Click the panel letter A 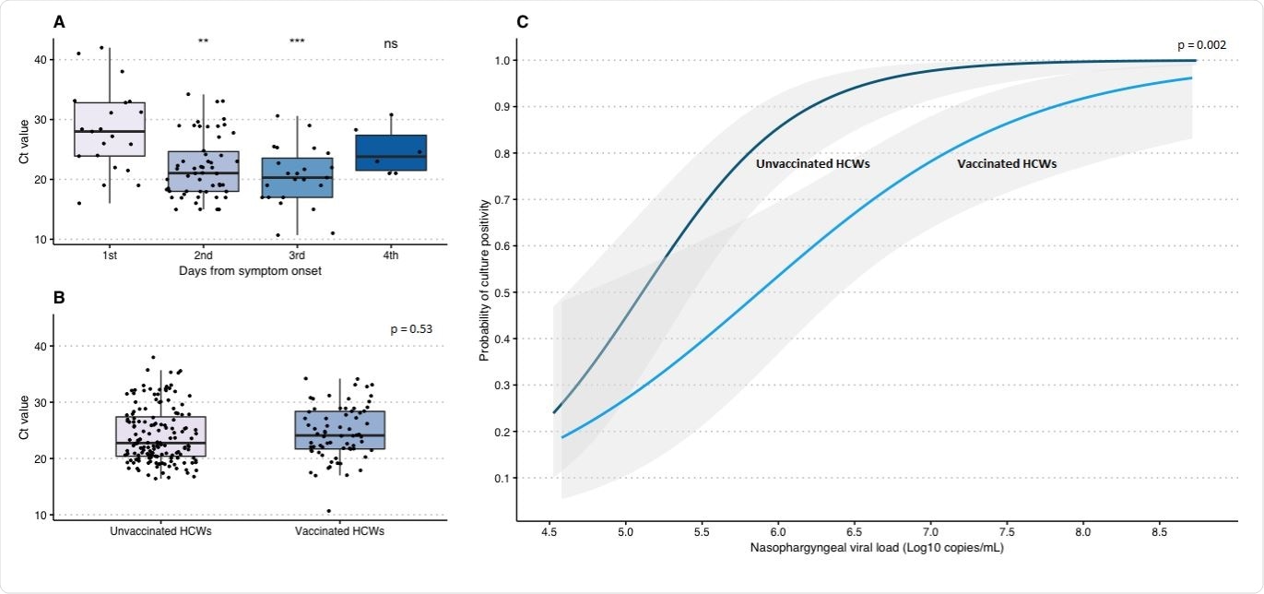click(59, 22)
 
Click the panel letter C click(523, 22)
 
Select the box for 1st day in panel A click(110, 129)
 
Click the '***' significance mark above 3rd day click(297, 42)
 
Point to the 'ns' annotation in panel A click(391, 43)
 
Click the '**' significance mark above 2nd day click(203, 42)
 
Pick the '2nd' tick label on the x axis click(203, 255)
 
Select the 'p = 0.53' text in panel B click(412, 328)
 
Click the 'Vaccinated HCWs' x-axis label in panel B click(340, 531)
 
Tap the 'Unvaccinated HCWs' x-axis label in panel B click(160, 531)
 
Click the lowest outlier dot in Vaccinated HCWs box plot click(328, 511)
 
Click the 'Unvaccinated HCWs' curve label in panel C click(813, 163)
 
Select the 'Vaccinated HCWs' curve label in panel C click(1007, 163)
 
